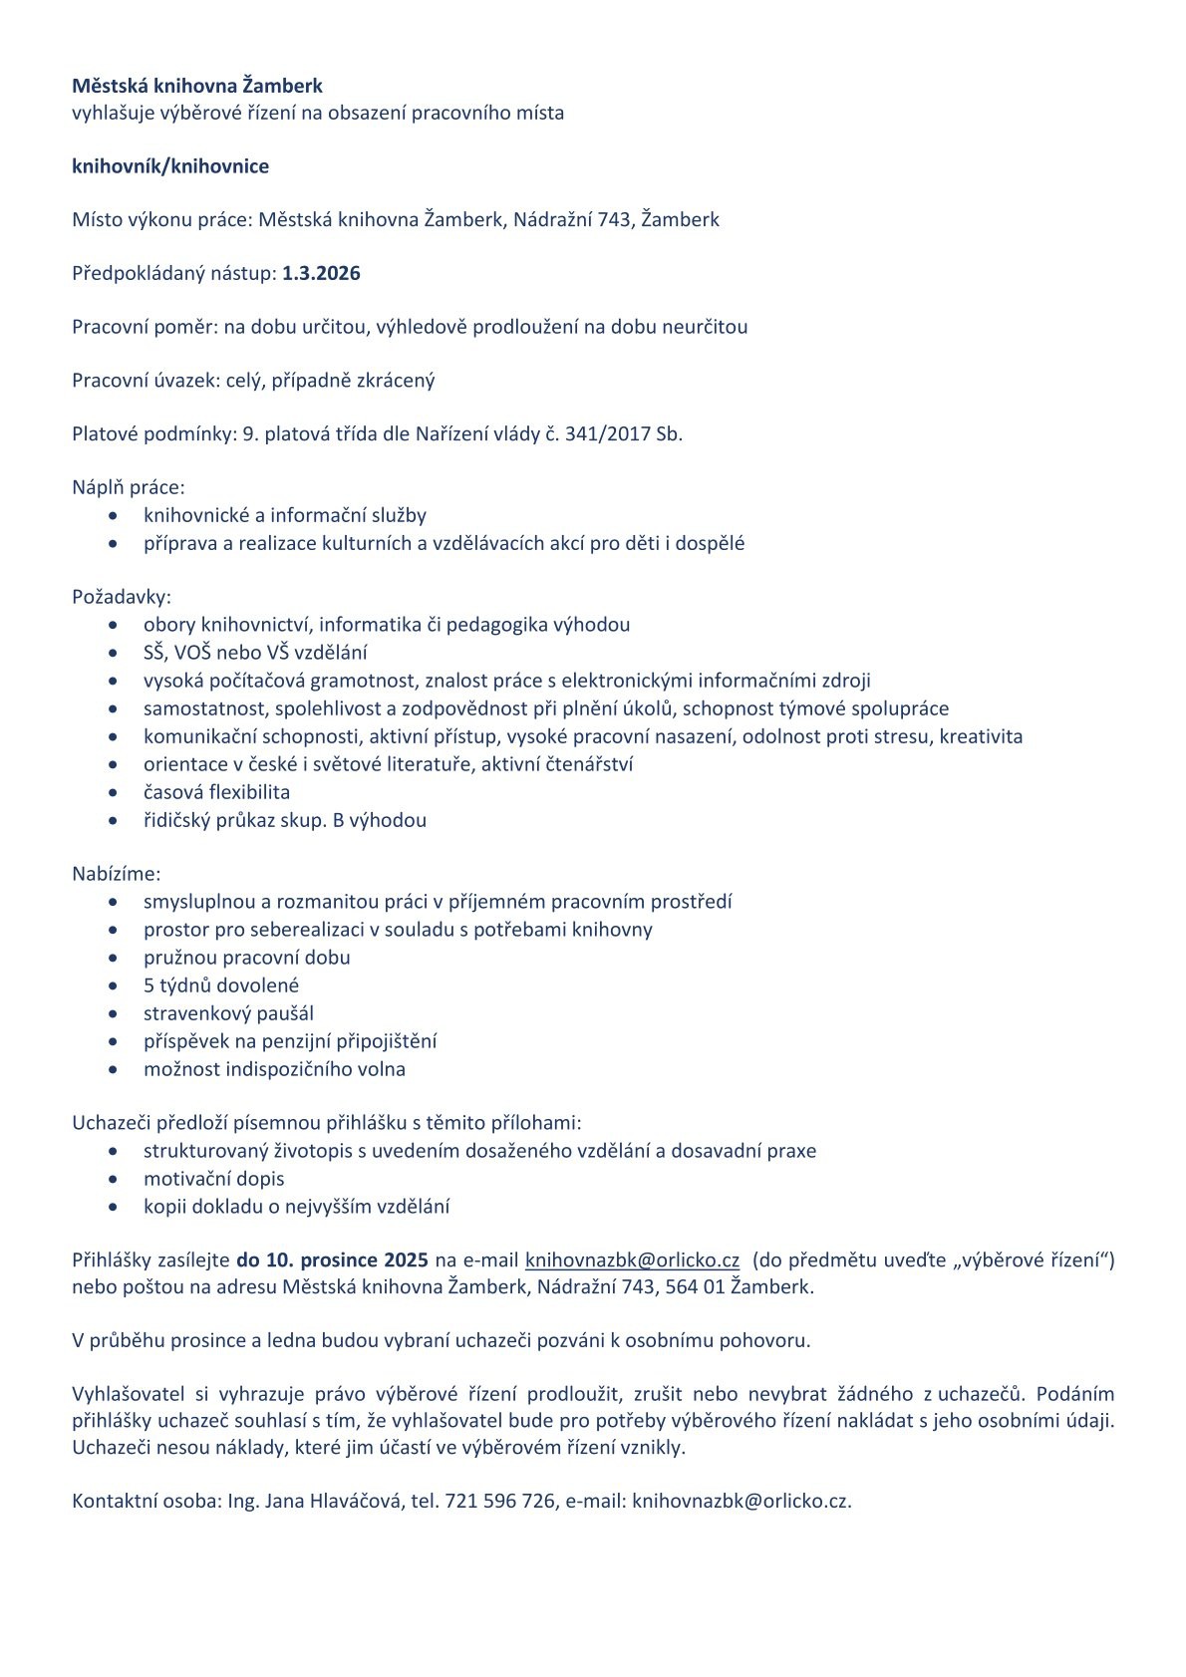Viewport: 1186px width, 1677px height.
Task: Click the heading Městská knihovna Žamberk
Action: click(197, 86)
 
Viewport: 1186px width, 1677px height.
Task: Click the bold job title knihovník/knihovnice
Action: click(170, 166)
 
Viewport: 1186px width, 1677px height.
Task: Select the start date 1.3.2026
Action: click(321, 273)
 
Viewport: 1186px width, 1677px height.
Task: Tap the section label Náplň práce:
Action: click(129, 487)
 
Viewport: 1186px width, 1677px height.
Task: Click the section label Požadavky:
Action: click(122, 597)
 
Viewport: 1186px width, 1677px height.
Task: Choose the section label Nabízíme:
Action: click(116, 874)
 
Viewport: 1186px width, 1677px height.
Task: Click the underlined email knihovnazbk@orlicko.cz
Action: click(632, 1259)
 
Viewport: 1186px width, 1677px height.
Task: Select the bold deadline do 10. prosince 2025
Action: click(332, 1259)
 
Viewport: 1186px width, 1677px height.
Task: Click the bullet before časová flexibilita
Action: click(119, 793)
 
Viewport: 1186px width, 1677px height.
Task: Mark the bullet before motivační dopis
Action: click(119, 1180)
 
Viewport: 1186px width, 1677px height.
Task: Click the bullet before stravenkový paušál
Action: click(119, 1014)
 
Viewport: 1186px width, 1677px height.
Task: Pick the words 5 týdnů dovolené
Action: click(221, 985)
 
